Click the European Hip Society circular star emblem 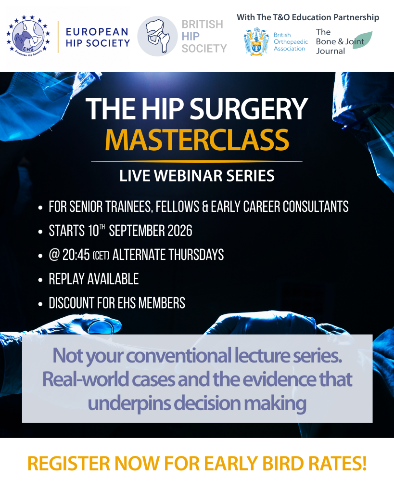[28, 36]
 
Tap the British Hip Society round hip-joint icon [157, 36]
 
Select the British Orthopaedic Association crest [256, 42]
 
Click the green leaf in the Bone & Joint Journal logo [363, 40]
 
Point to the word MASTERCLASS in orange [197, 140]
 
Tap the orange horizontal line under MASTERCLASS [197, 161]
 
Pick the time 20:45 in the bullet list [76, 255]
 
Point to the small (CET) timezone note [101, 256]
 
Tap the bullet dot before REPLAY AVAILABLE [40, 280]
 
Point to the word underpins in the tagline [129, 403]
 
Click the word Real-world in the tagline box [85, 379]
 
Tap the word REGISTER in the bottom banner [69, 464]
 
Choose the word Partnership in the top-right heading [356, 18]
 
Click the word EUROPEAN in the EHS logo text [97, 32]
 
